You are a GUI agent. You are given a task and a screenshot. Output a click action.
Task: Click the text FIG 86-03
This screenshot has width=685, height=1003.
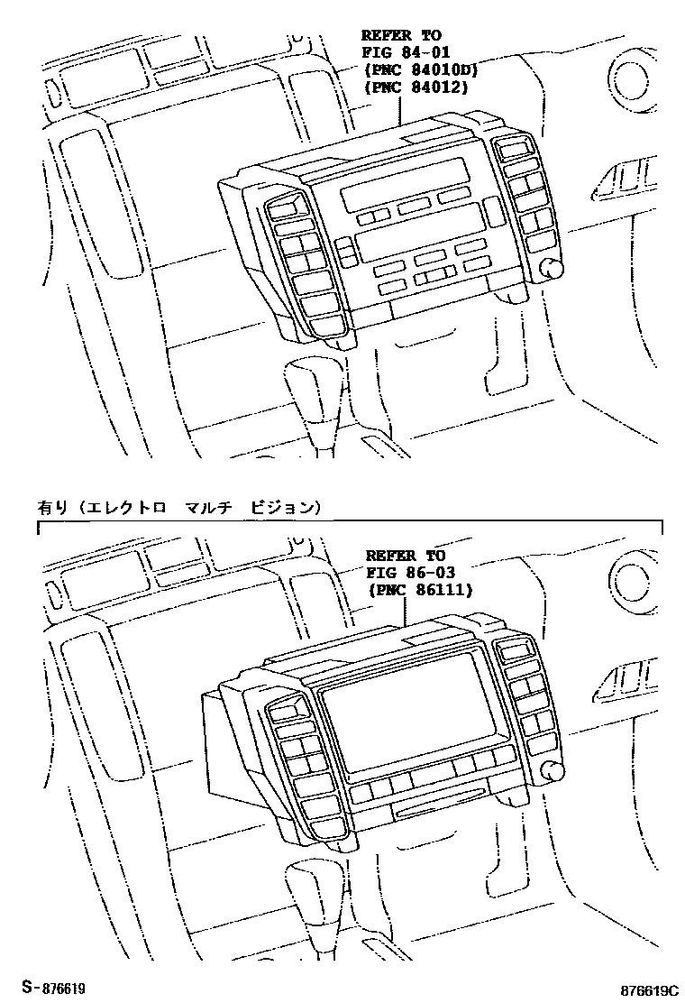pyautogui.click(x=410, y=573)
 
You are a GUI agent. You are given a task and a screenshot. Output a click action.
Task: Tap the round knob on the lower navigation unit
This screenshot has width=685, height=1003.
pyautogui.click(x=552, y=769)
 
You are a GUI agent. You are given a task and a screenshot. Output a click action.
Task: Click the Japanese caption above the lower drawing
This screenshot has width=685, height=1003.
pyautogui.click(x=178, y=508)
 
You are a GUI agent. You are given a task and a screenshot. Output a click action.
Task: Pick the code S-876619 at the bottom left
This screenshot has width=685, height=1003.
pyautogui.click(x=54, y=989)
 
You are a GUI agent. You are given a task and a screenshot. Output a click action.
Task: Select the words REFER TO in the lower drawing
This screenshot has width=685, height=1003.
pyautogui.click(x=406, y=557)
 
